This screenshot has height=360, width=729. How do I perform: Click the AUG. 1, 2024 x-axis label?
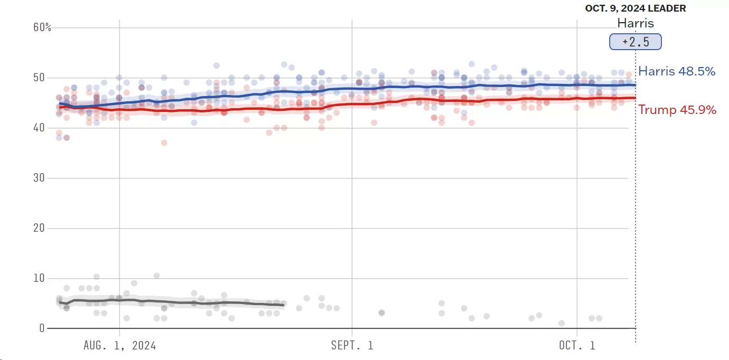tap(119, 346)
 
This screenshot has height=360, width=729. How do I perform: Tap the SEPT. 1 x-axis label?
tap(352, 346)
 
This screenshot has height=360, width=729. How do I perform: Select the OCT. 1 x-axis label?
tap(577, 346)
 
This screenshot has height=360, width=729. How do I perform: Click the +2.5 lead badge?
tap(635, 42)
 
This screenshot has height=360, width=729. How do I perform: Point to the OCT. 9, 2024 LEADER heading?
tap(636, 8)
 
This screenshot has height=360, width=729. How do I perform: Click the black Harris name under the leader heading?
tap(636, 23)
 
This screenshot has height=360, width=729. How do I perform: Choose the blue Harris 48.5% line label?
tap(677, 71)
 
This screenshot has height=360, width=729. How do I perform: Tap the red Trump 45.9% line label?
tap(677, 110)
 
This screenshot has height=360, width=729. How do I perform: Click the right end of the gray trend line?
tap(283, 305)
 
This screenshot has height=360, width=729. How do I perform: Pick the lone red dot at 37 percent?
tap(164, 143)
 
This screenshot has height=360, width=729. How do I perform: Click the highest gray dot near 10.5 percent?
tap(157, 276)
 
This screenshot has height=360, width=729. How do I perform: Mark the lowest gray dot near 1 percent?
tap(562, 323)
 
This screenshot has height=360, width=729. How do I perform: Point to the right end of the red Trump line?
tap(635, 98)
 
